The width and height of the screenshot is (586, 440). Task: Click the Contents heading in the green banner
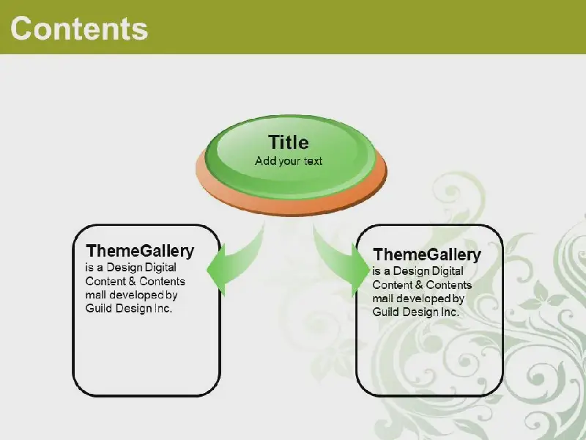(79, 29)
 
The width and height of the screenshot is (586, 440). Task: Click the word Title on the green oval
(289, 142)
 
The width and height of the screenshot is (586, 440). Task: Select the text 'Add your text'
(289, 161)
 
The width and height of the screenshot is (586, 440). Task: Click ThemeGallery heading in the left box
(140, 251)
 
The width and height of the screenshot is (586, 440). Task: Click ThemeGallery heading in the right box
(427, 254)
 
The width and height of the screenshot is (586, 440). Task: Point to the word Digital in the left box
(160, 268)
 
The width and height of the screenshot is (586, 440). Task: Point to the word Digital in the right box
(448, 271)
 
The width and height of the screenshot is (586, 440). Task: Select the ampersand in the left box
(132, 282)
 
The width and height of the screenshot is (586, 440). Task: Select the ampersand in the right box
(419, 285)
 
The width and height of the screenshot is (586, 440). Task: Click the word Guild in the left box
(99, 308)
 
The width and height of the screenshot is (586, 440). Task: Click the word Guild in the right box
(386, 312)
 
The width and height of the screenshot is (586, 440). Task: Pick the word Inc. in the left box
(163, 308)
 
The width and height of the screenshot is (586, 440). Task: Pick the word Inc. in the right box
(450, 312)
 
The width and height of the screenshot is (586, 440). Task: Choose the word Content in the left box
(105, 282)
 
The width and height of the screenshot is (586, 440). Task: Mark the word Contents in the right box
(449, 285)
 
